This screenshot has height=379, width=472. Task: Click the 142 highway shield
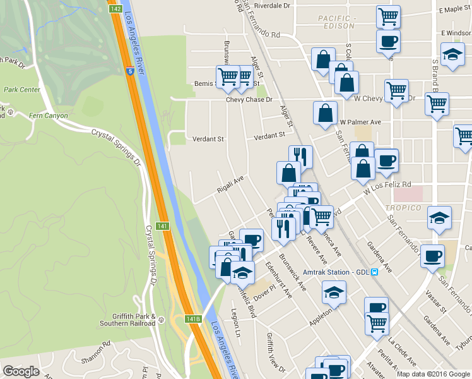point(115,9)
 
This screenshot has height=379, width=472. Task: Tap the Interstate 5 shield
point(129,72)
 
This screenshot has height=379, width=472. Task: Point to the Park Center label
point(22,90)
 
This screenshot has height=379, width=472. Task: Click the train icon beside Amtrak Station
point(374,272)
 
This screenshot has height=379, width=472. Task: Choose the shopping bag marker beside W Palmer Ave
point(325,113)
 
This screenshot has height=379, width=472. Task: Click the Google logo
point(21,371)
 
